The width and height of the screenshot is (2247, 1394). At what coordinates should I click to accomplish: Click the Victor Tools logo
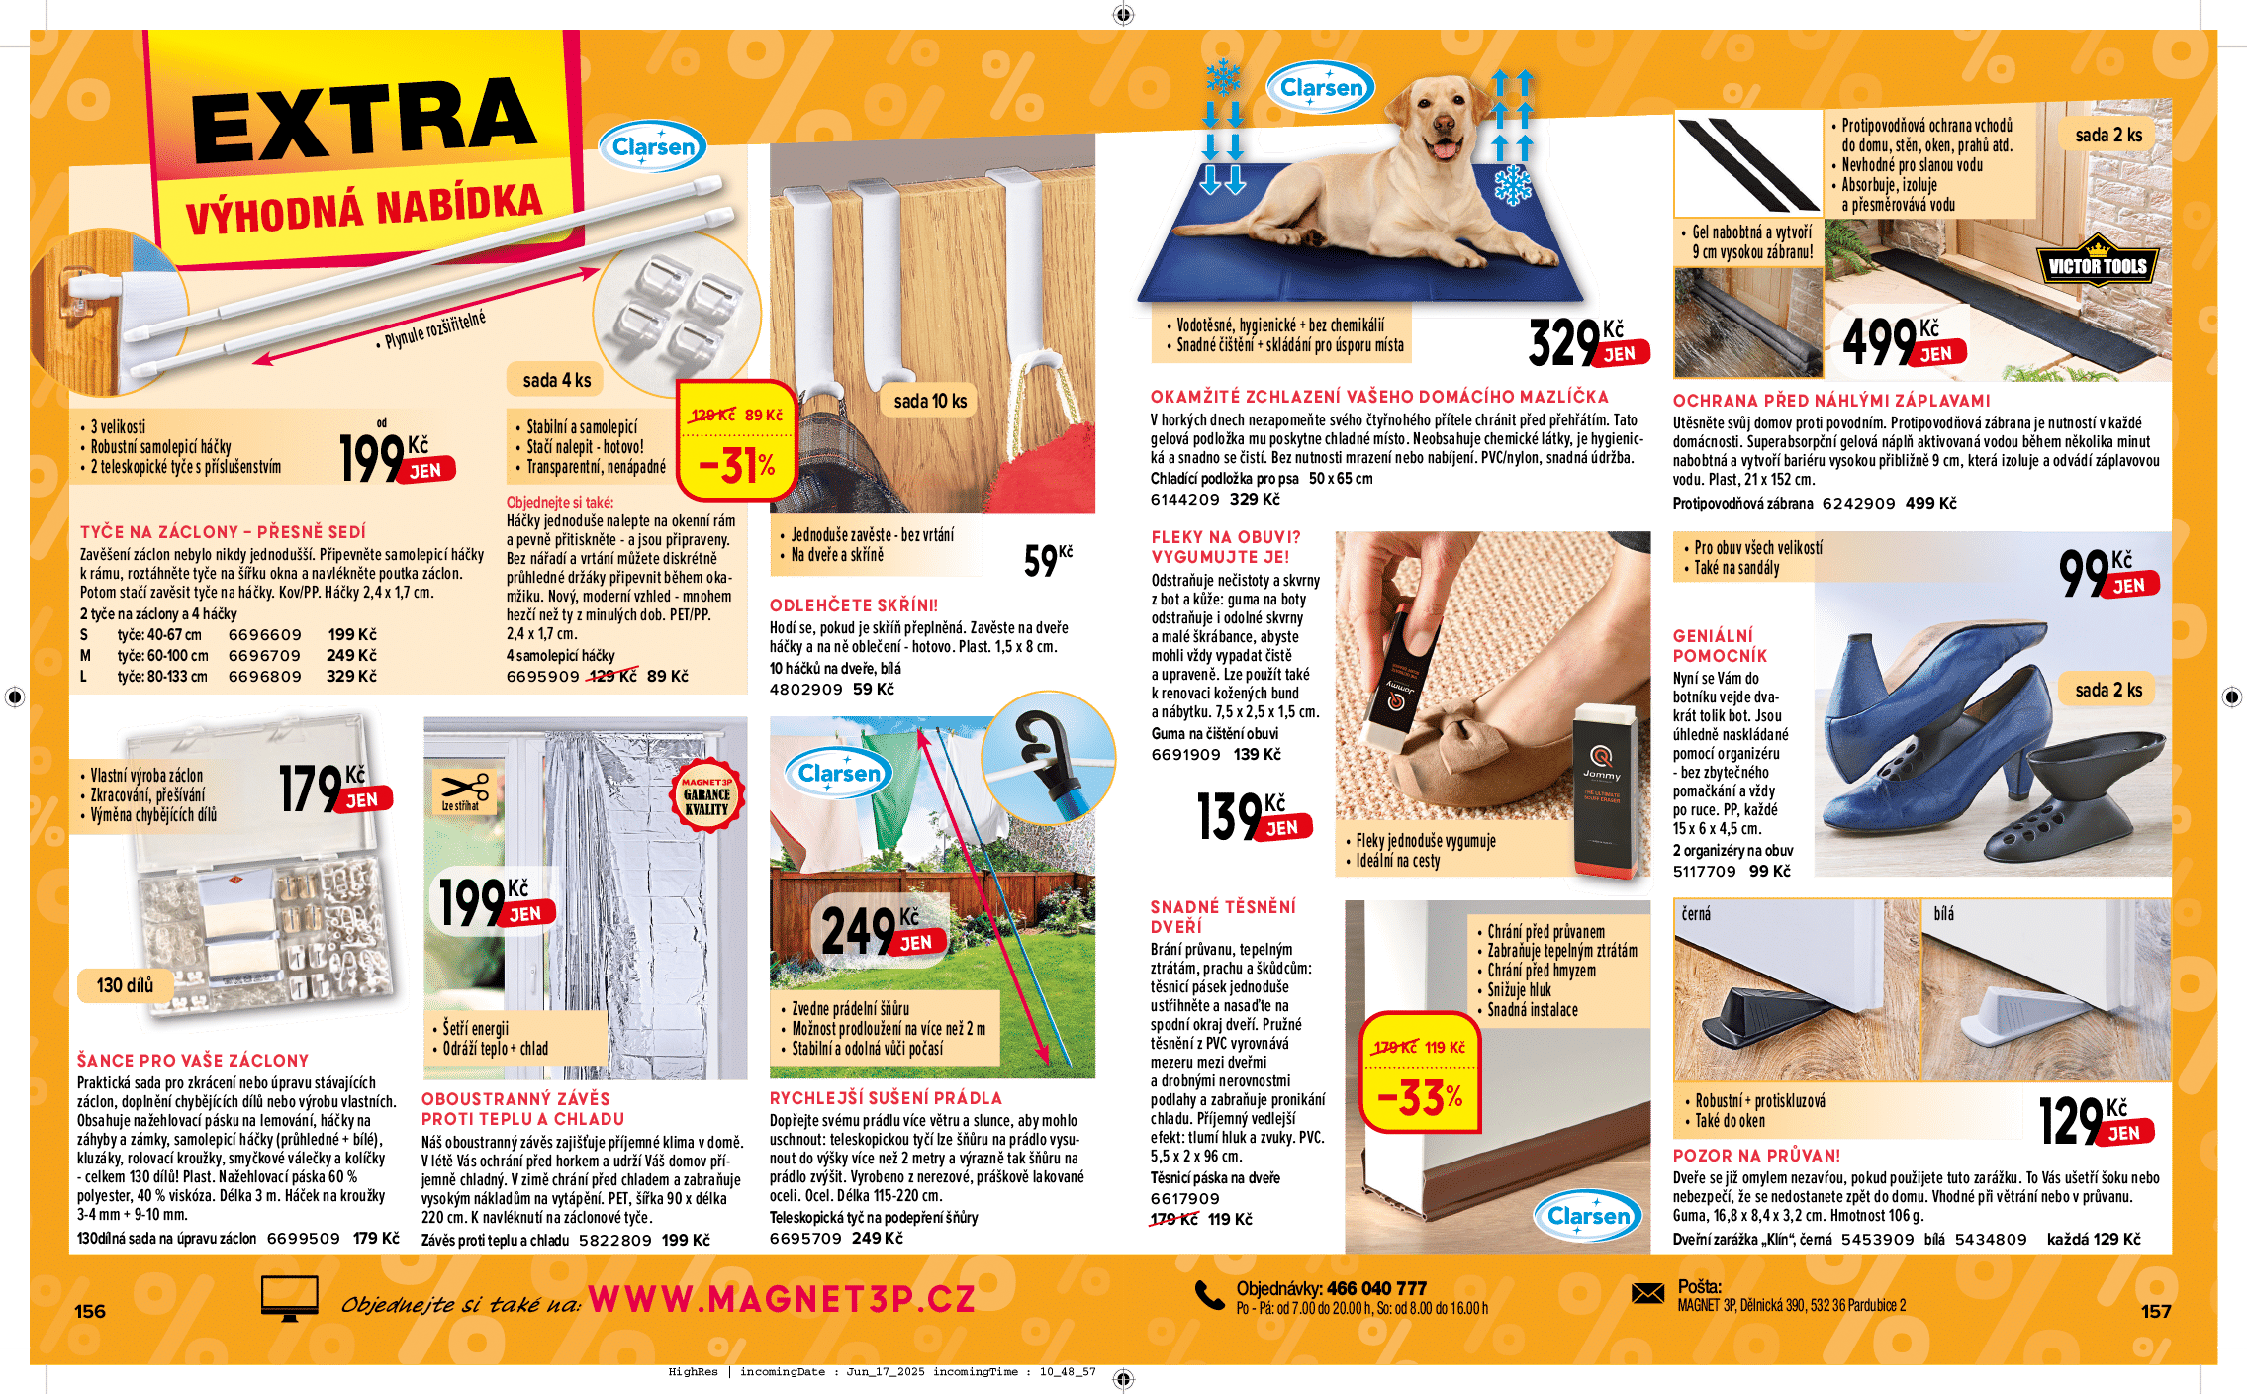coord(2097,263)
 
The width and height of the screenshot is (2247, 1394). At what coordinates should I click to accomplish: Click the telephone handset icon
coord(1209,1295)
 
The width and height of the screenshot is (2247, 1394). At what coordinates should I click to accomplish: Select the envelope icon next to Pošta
coord(1647,1293)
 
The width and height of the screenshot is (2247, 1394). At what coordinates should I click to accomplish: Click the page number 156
coord(90,1311)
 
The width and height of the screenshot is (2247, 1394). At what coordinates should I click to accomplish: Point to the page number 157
coord(2156,1311)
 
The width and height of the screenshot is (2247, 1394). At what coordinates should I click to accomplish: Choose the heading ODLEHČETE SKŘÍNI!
coord(853,605)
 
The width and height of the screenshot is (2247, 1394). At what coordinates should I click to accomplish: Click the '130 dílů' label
coord(125,985)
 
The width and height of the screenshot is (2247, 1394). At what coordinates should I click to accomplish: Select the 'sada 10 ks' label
coord(929,401)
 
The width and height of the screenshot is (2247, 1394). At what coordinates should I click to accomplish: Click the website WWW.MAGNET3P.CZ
coord(782,1299)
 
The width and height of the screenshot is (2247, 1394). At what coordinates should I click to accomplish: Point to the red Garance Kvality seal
coord(705,795)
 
